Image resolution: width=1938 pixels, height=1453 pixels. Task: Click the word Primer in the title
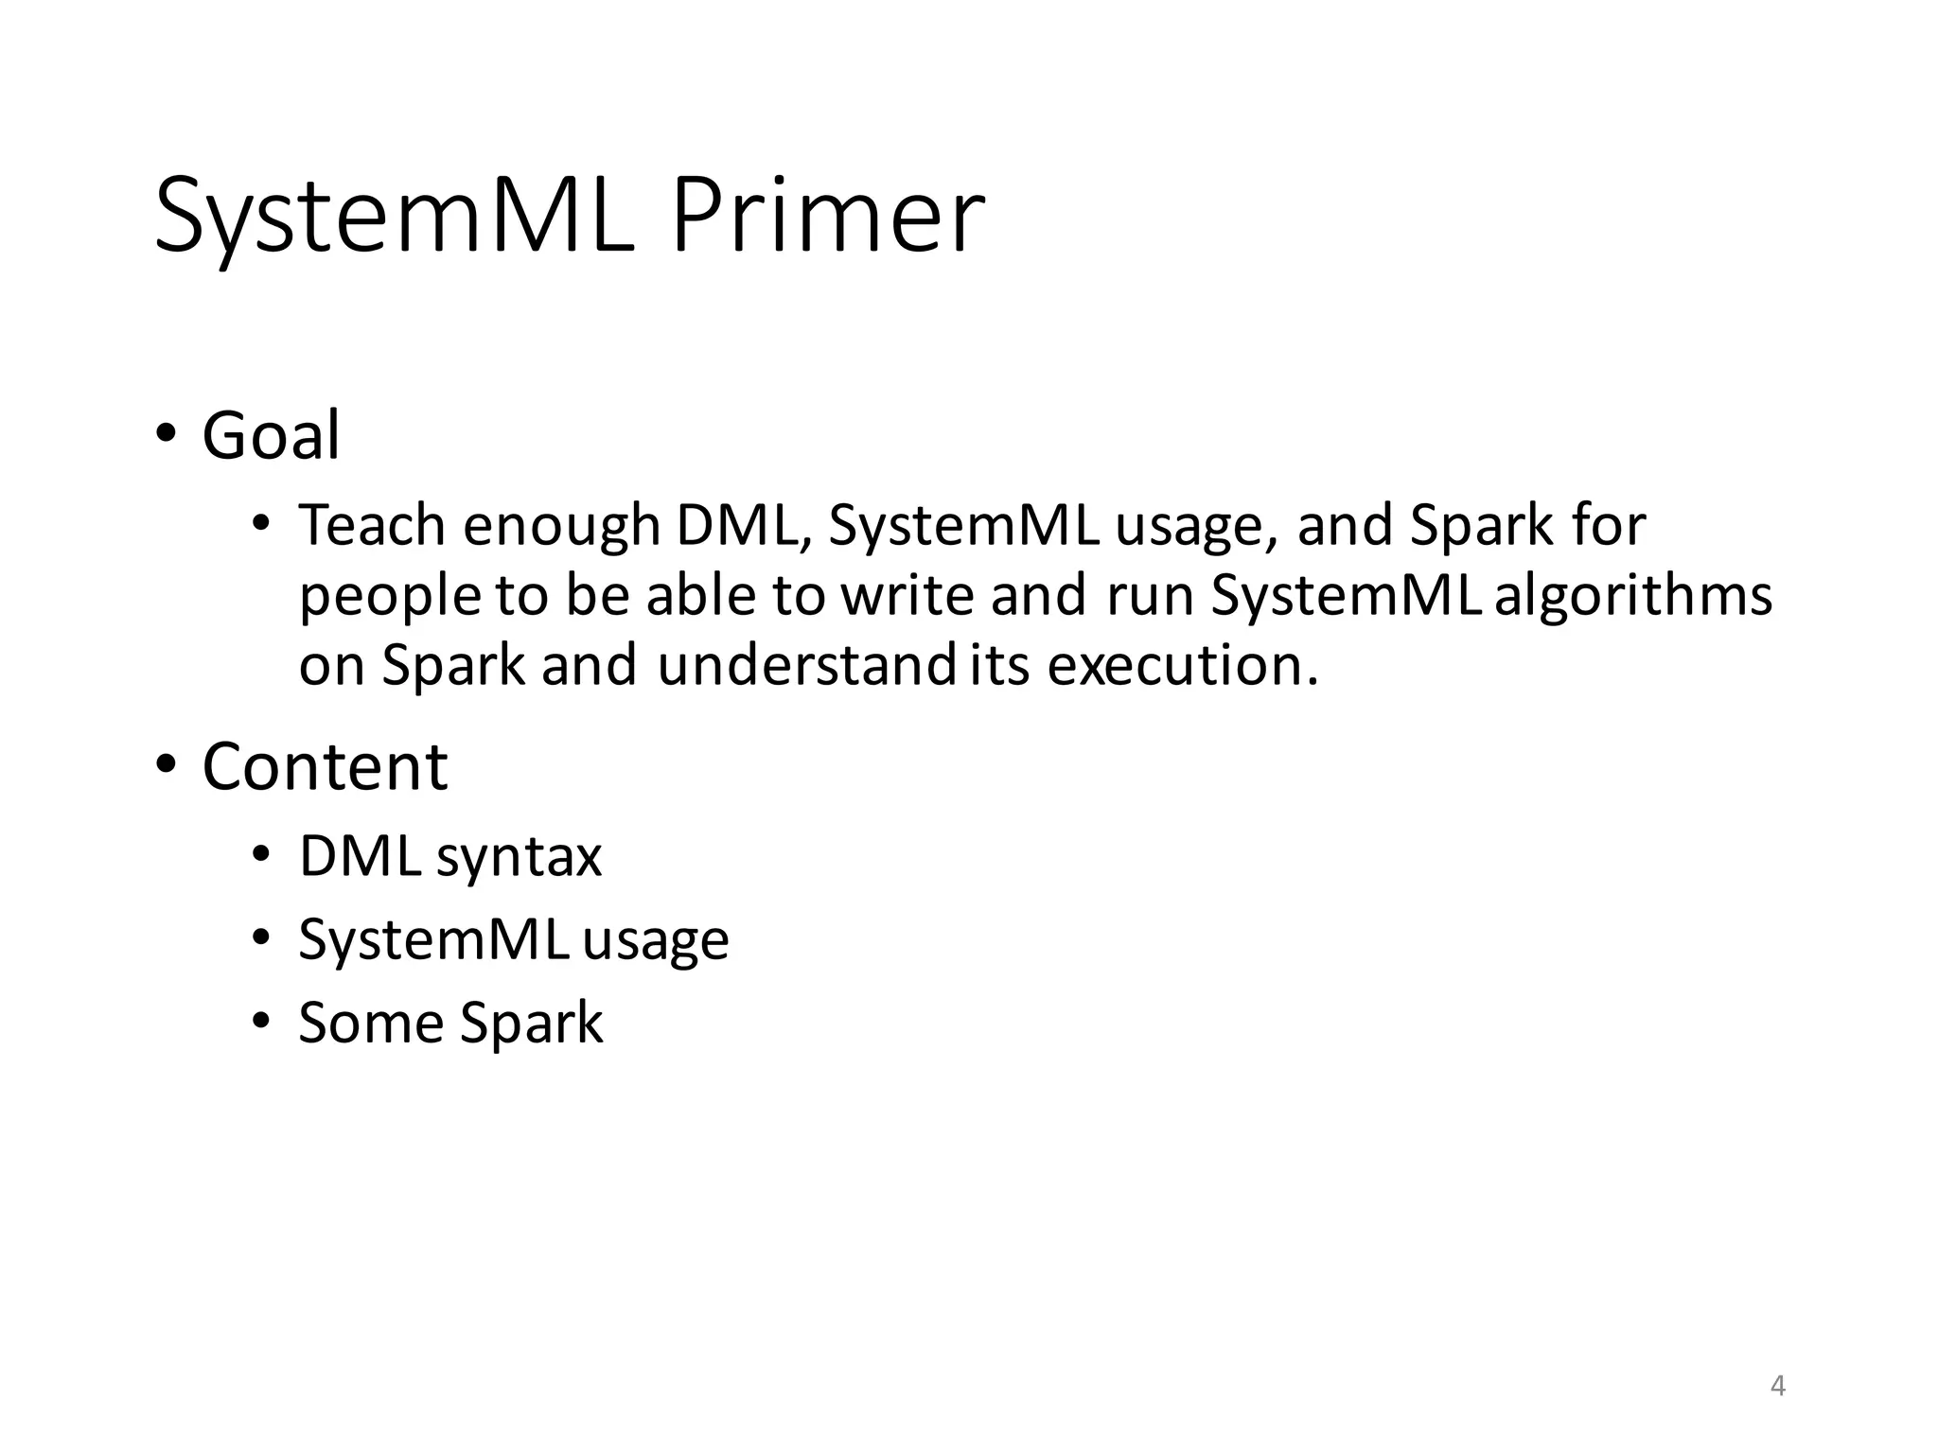tap(827, 216)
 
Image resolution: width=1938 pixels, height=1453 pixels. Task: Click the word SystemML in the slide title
tap(393, 218)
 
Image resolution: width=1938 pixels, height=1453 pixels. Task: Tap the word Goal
tap(271, 436)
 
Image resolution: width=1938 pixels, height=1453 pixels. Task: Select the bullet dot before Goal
tap(167, 433)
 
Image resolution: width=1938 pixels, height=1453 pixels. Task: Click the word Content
tap(325, 766)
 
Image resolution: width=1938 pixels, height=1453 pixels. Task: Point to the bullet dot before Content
tap(167, 763)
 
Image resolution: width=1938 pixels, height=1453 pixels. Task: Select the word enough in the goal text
tap(561, 528)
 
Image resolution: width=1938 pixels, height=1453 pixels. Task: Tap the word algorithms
tap(1633, 596)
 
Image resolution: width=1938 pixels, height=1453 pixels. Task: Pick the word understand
tap(806, 665)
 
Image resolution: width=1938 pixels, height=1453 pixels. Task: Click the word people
tap(390, 598)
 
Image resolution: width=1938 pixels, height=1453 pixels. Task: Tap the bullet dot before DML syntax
tap(261, 855)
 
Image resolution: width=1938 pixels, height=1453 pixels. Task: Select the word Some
tap(371, 1023)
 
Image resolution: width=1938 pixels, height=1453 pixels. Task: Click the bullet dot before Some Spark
tap(261, 1021)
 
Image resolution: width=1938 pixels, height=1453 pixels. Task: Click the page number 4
tap(1777, 1386)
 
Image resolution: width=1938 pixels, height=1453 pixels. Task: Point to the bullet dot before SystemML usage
tap(261, 937)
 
